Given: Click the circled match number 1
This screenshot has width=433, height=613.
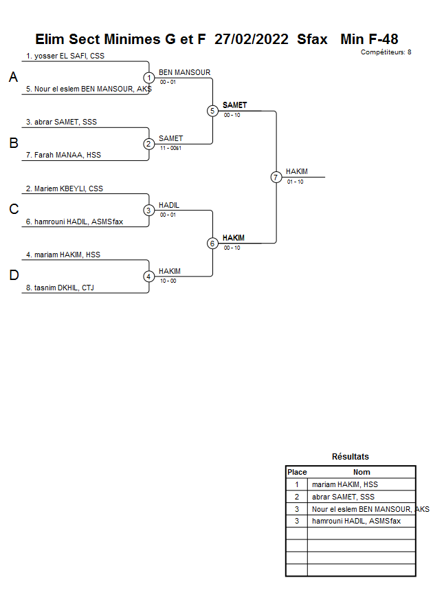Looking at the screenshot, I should pos(149,78).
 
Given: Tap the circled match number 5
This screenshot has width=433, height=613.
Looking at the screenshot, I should pos(212,111).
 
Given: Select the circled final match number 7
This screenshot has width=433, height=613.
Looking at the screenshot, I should pos(276,177).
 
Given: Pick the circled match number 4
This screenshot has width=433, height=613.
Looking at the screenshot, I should pos(149,277).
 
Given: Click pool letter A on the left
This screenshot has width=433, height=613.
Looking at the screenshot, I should pos(13,78).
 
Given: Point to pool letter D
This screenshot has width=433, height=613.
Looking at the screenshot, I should pos(13,276).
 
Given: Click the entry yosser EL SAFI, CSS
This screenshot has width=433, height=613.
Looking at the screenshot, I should pos(65,56).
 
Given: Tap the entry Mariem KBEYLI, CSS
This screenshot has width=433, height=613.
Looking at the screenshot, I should pos(65,189).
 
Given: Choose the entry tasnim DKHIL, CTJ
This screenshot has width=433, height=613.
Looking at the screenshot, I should pos(60,288).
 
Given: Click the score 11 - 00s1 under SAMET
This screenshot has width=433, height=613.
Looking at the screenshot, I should pos(170,148).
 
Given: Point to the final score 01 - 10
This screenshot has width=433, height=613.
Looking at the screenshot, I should pos(296,182).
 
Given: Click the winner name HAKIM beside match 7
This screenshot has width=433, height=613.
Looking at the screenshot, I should pos(297,171).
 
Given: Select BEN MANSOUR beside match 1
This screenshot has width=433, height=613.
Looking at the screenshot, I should pos(184,72).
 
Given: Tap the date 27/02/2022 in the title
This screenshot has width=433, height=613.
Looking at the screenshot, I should pos(252,39).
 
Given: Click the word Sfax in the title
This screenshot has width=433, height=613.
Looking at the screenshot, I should pos(313,39).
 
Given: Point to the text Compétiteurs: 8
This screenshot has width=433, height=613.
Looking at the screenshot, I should pos(386,52).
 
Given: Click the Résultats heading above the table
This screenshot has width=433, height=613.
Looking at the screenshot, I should pos(351,456).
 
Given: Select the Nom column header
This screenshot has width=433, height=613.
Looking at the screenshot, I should pos(362,472).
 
